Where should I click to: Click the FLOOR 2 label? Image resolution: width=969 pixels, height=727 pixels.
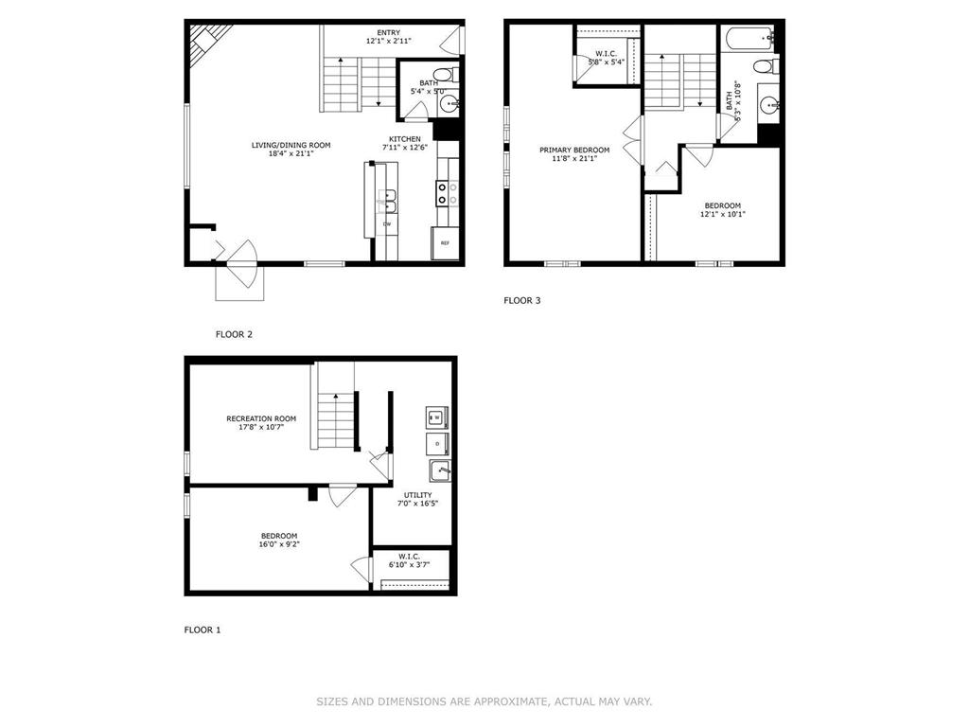234,334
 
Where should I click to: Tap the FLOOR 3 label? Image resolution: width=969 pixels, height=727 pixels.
521,301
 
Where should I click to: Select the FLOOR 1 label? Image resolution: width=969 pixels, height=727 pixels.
202,629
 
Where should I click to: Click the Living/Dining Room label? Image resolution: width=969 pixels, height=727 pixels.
291,145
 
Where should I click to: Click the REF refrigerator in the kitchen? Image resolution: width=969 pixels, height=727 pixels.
445,243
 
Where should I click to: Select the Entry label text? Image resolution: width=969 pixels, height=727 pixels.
387,31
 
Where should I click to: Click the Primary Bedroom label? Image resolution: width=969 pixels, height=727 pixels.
574,150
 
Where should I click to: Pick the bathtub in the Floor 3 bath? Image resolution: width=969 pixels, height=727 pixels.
748,39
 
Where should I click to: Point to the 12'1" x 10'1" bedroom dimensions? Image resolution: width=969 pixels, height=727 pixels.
722,214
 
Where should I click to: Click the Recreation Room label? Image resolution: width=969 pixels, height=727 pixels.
261,418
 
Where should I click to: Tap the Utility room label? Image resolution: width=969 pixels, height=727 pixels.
417,495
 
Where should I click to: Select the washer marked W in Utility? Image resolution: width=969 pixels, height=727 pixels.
437,416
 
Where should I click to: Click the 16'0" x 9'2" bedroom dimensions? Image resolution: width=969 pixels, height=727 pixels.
279,544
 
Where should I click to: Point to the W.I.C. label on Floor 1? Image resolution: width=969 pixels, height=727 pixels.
409,557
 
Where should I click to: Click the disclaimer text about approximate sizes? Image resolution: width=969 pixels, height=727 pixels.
484,701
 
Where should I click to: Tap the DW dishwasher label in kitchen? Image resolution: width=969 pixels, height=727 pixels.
387,223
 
